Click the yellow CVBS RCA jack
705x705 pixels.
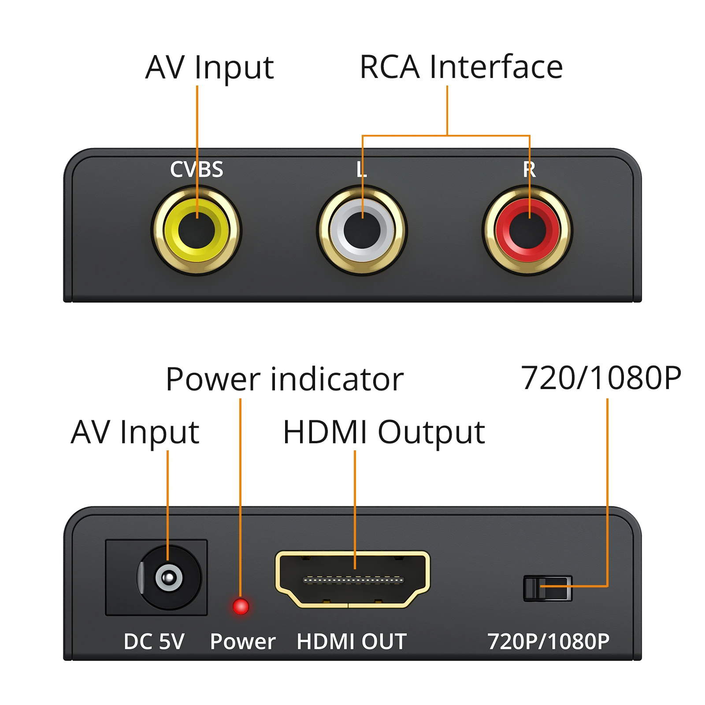pyautogui.click(x=197, y=230)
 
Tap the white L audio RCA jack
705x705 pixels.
pyautogui.click(x=362, y=230)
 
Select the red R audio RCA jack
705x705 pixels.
pyautogui.click(x=527, y=230)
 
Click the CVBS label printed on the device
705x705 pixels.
pyautogui.click(x=197, y=169)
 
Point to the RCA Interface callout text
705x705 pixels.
pyautogui.click(x=461, y=67)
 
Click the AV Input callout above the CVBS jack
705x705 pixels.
pyautogui.click(x=210, y=67)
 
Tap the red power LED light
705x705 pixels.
pyautogui.click(x=241, y=606)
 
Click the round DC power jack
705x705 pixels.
pyautogui.click(x=169, y=577)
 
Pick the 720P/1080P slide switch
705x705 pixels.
pyautogui.click(x=547, y=588)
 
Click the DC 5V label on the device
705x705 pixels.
pyautogui.click(x=154, y=642)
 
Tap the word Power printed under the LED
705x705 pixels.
pyautogui.click(x=242, y=642)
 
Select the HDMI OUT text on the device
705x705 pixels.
pyautogui.click(x=352, y=642)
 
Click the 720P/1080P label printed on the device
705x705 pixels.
pyautogui.click(x=548, y=642)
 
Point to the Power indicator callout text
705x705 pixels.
pyautogui.click(x=285, y=379)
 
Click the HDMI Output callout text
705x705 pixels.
pyautogui.click(x=383, y=432)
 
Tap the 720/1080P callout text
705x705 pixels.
pyautogui.click(x=601, y=378)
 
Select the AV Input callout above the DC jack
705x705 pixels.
pyautogui.click(x=135, y=432)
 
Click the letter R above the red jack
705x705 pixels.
pyautogui.click(x=529, y=169)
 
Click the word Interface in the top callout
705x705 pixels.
pyautogui.click(x=496, y=67)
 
